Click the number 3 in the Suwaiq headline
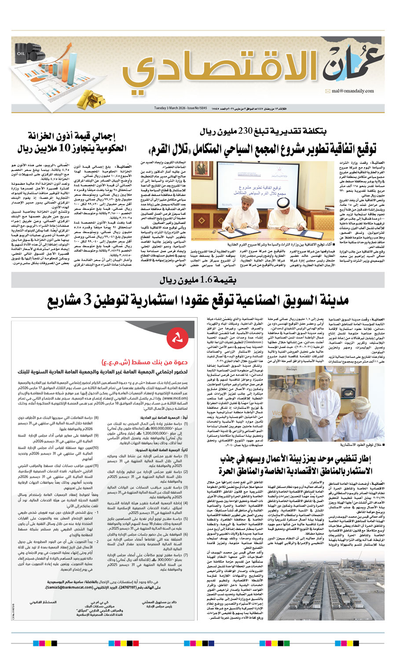pyautogui.click(x=86, y=301)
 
